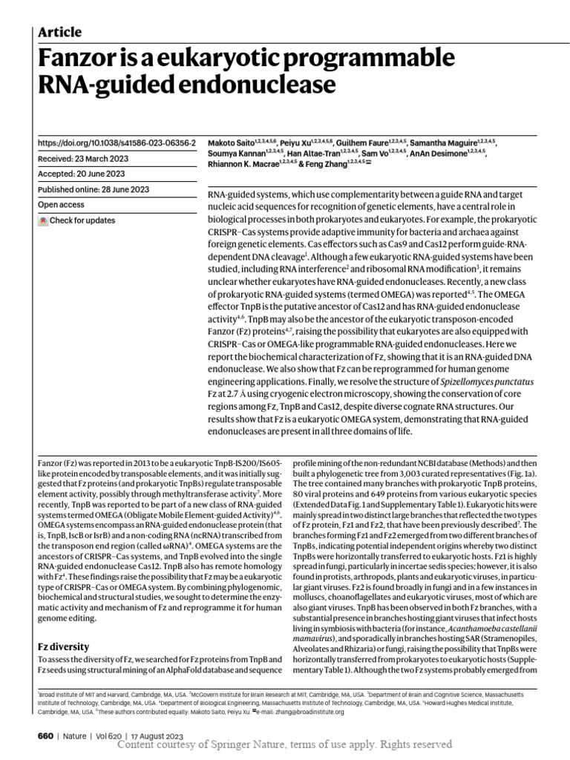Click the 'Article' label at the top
click(x=59, y=32)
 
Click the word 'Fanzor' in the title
click(x=89, y=59)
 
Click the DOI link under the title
click(x=117, y=142)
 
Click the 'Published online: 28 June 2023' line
click(x=93, y=189)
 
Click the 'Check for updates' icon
click(x=43, y=220)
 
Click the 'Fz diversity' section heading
click(x=63, y=646)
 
